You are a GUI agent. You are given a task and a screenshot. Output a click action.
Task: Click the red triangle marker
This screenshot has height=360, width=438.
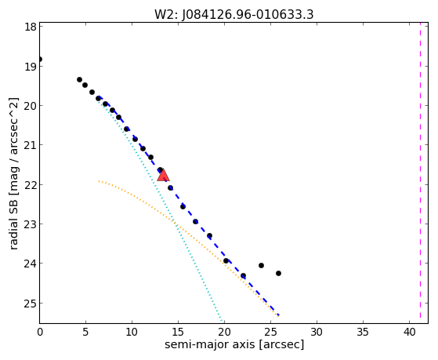pyautogui.click(x=163, y=175)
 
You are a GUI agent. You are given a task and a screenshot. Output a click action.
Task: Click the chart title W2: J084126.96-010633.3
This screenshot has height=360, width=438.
pyautogui.click(x=234, y=14)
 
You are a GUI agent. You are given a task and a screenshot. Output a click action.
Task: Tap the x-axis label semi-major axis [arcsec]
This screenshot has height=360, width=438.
pyautogui.click(x=234, y=344)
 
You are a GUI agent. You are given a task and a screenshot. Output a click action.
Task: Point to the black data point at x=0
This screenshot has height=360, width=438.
pyautogui.click(x=40, y=59)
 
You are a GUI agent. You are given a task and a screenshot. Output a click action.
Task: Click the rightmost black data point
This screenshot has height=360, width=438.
pyautogui.click(x=278, y=273)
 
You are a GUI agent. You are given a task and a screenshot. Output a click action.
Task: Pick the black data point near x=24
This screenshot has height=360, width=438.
pyautogui.click(x=261, y=265)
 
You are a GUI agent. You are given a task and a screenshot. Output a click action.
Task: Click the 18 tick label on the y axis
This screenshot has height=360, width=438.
pyautogui.click(x=30, y=27)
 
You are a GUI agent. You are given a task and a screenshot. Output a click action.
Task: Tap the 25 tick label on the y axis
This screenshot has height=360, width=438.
pyautogui.click(x=30, y=304)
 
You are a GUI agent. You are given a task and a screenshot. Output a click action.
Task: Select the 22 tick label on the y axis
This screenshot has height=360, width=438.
pyautogui.click(x=30, y=185)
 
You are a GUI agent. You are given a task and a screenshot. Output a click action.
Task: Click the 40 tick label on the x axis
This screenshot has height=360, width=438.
pyautogui.click(x=409, y=333)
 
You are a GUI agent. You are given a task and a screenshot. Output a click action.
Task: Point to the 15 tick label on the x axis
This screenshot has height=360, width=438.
pyautogui.click(x=178, y=333)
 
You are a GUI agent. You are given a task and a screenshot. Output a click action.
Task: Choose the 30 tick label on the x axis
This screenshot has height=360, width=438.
pyautogui.click(x=317, y=333)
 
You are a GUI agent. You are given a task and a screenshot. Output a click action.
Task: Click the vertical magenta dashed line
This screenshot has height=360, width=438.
pyautogui.click(x=420, y=171)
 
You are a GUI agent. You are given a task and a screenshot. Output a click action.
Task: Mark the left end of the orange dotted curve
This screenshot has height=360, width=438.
pyautogui.click(x=99, y=181)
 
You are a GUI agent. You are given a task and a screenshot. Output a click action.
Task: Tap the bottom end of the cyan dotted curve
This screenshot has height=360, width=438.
pyautogui.click(x=222, y=321)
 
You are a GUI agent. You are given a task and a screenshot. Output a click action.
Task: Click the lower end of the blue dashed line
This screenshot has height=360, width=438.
pyautogui.click(x=279, y=315)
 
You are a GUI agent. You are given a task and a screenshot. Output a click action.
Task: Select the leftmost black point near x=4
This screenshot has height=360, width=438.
pyautogui.click(x=79, y=80)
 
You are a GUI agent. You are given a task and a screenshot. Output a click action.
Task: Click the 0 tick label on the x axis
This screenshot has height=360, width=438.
pyautogui.click(x=40, y=333)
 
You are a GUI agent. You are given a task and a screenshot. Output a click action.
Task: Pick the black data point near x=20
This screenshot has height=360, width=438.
pyautogui.click(x=226, y=260)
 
